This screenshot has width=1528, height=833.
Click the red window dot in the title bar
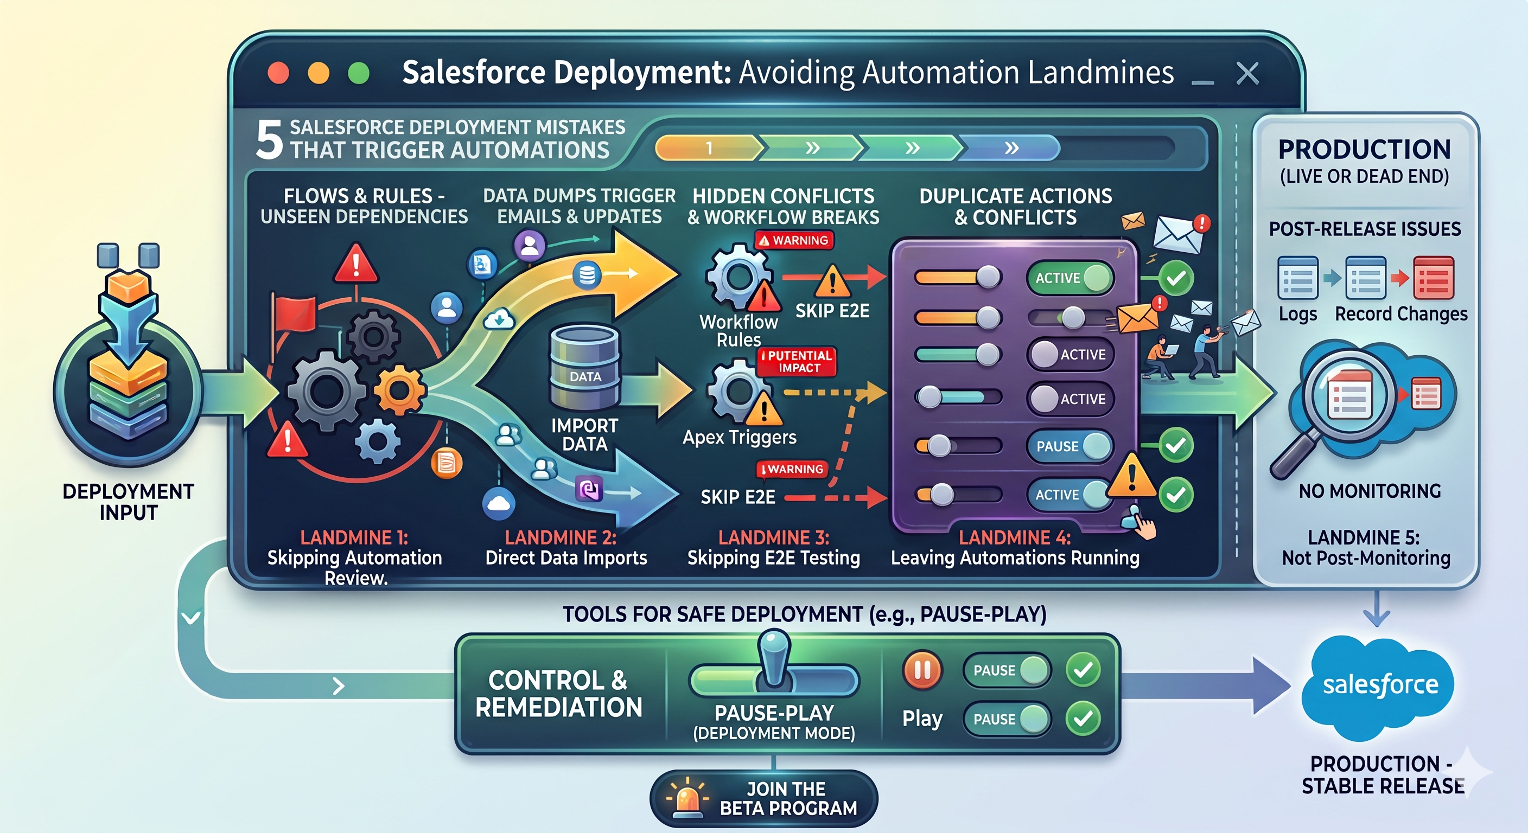[x=278, y=74]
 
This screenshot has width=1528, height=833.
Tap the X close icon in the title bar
[x=1247, y=74]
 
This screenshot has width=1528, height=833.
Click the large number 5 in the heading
[x=269, y=140]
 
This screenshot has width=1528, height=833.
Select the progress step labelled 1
[x=708, y=148]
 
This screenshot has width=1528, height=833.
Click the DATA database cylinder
[x=585, y=368]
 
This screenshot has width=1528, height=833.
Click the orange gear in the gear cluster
[x=400, y=390]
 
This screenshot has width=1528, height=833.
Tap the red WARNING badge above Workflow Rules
[x=794, y=240]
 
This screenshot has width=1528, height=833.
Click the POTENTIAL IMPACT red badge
[x=798, y=361]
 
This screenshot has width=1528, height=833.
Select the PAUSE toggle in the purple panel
[x=1069, y=446]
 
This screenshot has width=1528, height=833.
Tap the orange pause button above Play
[x=922, y=670]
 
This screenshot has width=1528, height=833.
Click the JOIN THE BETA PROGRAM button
[x=763, y=798]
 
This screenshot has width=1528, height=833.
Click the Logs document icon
[x=1298, y=278]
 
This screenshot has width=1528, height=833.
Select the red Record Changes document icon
[x=1434, y=278]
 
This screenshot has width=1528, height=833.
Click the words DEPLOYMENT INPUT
[x=128, y=502]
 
